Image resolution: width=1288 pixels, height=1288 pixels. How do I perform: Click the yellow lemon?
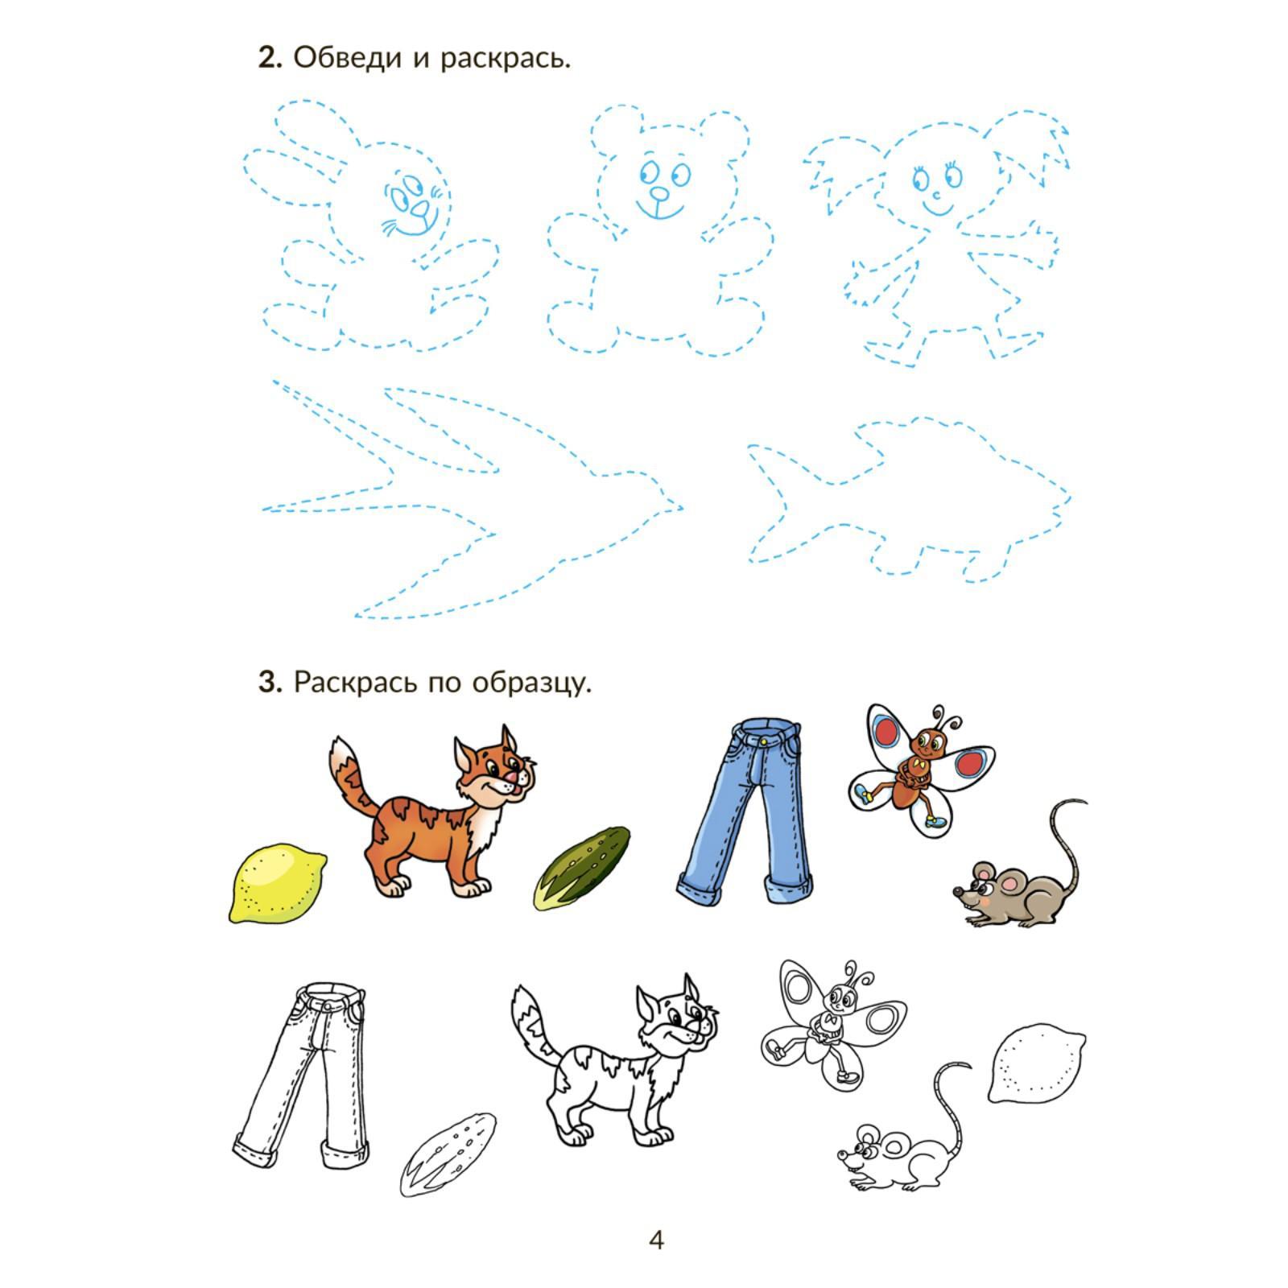[278, 883]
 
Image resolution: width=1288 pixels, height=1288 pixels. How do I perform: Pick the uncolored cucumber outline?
[448, 1155]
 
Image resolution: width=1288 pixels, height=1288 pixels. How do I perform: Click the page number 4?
[656, 1239]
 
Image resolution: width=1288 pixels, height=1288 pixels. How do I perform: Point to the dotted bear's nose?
[659, 195]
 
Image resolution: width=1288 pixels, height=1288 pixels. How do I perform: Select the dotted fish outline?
[909, 498]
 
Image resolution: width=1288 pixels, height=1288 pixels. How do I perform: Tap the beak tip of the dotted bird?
[683, 508]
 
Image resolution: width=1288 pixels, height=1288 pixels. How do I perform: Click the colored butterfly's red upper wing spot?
[888, 731]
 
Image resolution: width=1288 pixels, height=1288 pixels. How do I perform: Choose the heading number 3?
[269, 683]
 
